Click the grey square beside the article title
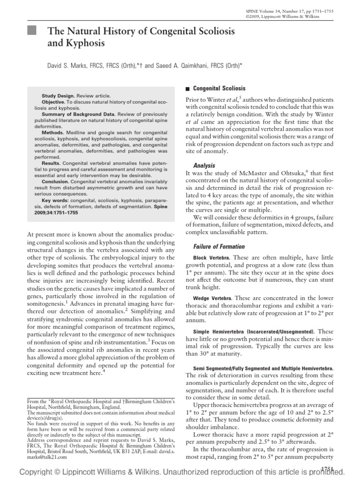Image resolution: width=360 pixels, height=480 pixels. coord(31,32)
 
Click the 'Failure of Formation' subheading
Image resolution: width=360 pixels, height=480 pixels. coord(219,246)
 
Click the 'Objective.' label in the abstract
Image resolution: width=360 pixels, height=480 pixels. coord(54,101)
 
